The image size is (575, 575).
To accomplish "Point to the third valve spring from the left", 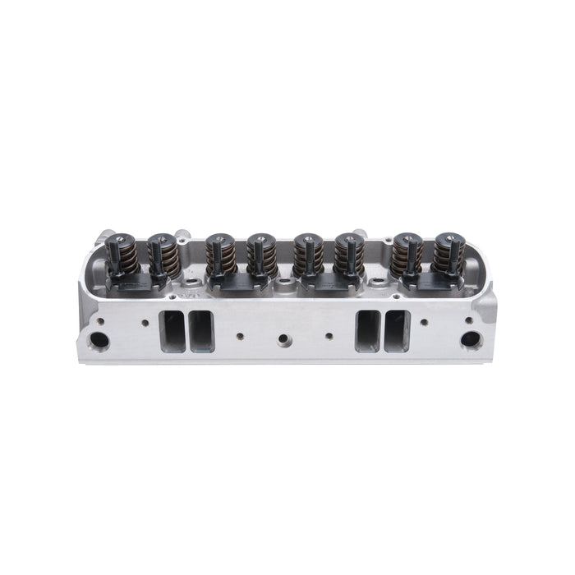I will [x=217, y=255].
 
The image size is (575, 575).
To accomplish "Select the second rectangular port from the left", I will [x=200, y=332].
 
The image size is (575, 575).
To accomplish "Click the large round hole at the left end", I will [x=102, y=338].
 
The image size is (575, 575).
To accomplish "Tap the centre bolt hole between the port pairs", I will [x=284, y=338].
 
